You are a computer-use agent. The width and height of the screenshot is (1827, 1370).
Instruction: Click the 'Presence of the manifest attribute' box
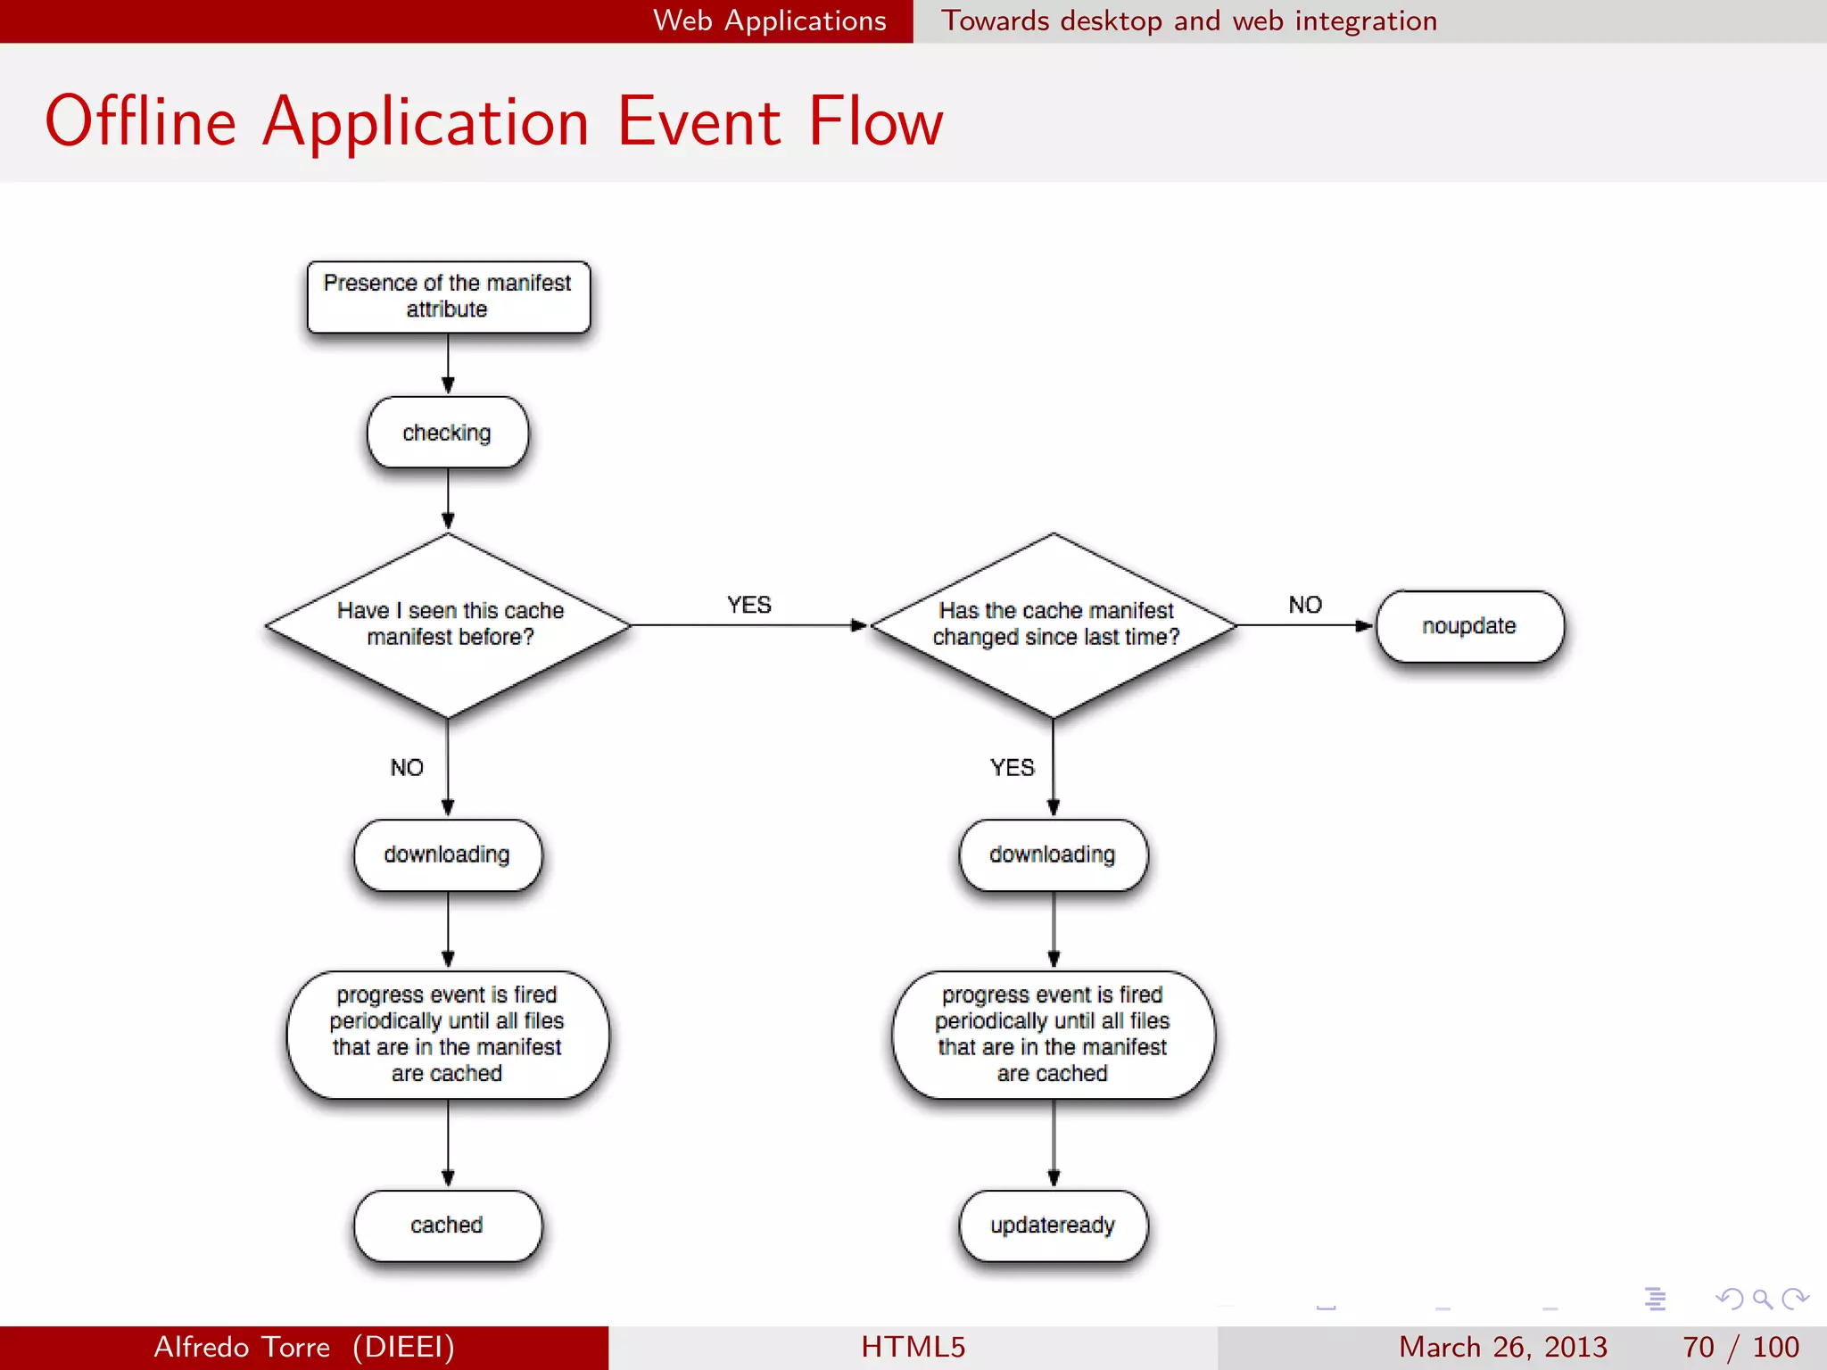point(448,297)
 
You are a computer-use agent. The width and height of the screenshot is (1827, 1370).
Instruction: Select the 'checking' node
point(448,433)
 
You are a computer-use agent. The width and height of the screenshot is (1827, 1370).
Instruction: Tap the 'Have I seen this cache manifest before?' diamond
point(449,624)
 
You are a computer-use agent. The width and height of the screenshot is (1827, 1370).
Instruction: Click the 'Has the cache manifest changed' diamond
point(1054,624)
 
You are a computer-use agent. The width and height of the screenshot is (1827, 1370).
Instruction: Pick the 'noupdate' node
point(1469,626)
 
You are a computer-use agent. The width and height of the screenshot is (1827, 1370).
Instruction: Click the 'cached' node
point(448,1225)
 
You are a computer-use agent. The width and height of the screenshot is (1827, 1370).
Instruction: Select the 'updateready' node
point(1053,1225)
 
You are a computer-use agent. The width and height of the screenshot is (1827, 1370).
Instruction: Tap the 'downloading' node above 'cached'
point(448,854)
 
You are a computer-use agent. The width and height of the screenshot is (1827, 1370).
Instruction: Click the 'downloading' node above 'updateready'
point(1053,854)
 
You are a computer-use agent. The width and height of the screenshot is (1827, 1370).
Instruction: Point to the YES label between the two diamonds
point(748,605)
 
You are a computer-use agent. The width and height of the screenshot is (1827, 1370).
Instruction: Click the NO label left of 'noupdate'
point(1305,605)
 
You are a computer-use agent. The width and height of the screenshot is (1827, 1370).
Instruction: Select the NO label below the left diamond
point(407,767)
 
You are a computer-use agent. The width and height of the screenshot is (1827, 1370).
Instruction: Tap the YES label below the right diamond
point(1013,767)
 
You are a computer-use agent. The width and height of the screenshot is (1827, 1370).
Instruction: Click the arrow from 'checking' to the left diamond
point(448,499)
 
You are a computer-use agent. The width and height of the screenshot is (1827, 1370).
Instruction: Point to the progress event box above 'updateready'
point(1053,1035)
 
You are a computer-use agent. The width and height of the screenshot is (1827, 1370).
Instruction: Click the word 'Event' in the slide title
point(699,121)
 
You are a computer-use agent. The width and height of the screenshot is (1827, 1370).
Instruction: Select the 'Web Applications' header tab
point(770,21)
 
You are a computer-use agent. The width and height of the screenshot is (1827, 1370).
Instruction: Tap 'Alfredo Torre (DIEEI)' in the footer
point(304,1347)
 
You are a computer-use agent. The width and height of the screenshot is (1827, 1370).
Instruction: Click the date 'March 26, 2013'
point(1502,1347)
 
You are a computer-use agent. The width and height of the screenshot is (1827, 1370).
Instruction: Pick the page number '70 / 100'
point(1740,1347)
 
